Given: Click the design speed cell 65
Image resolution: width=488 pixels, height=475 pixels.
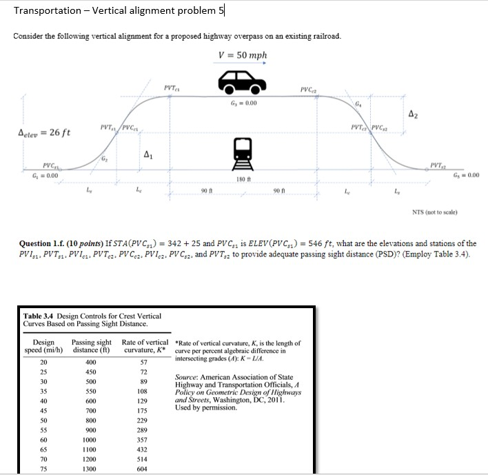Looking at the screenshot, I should coord(43,448).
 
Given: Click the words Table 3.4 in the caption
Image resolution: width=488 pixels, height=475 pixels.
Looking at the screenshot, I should coord(43,316).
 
